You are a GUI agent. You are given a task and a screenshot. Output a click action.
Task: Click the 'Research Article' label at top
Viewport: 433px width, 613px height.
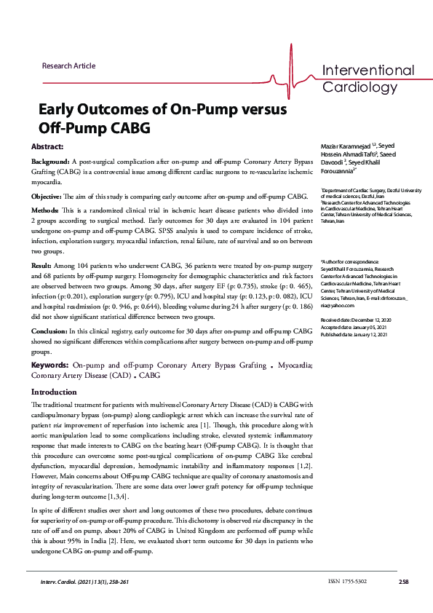(68, 66)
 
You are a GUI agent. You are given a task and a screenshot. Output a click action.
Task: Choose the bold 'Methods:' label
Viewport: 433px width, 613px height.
(48, 210)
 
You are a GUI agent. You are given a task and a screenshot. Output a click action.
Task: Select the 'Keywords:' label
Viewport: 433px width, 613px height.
(51, 365)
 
